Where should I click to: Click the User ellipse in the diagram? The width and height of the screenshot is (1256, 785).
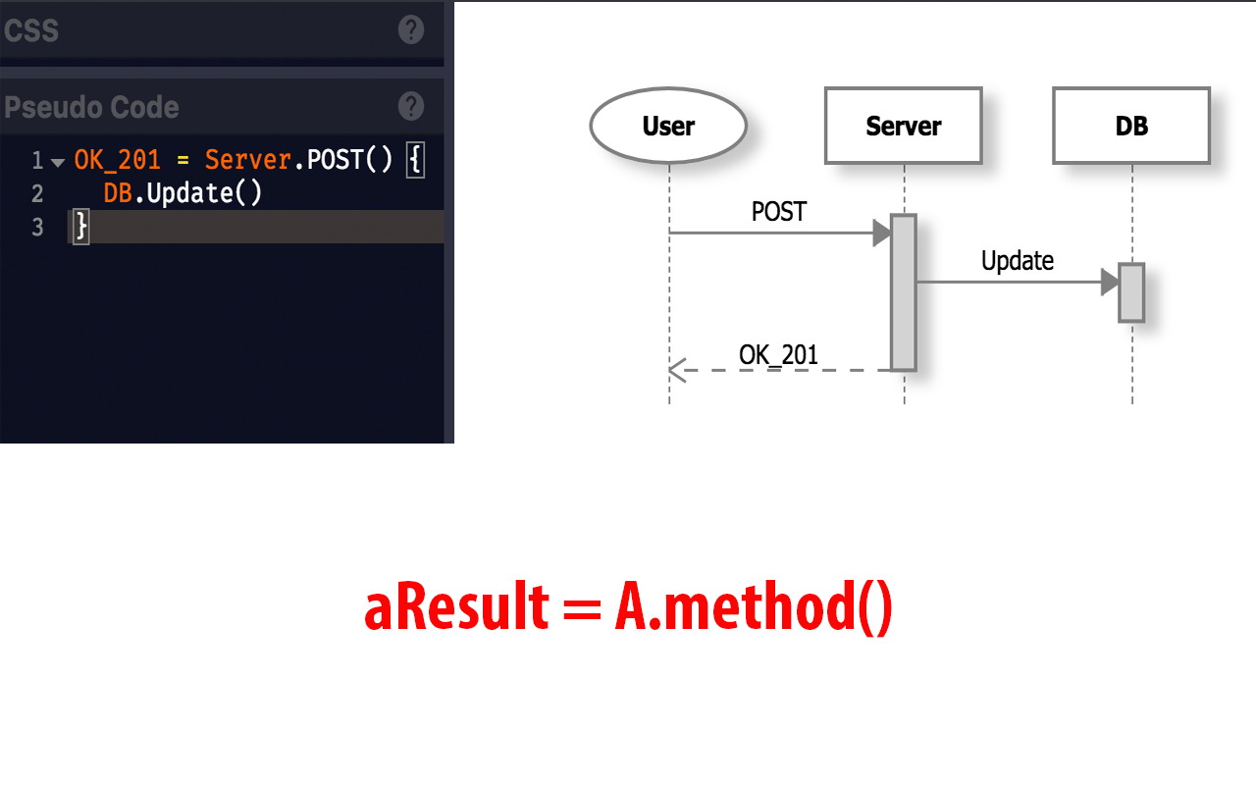(x=668, y=126)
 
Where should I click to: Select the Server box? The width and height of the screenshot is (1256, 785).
(x=903, y=126)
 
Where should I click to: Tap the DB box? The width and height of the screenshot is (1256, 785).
(x=1130, y=126)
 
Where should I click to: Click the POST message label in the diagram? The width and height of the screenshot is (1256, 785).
(x=778, y=212)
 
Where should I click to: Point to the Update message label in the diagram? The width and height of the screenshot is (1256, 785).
(x=1018, y=261)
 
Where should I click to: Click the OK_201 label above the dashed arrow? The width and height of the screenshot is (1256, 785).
(x=778, y=354)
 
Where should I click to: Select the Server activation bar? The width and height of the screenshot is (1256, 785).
(x=904, y=291)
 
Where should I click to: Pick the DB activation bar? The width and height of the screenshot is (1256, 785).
(x=1131, y=291)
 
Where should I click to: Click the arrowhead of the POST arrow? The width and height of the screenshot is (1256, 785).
(x=881, y=234)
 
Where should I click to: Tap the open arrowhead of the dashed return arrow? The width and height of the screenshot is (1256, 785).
(x=676, y=370)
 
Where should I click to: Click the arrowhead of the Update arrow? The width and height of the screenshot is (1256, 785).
(x=1110, y=283)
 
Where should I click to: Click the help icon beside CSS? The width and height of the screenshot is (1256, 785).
(x=411, y=29)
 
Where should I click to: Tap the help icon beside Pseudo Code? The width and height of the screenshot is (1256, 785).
(x=411, y=106)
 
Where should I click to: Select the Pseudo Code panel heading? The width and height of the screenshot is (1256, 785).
(x=91, y=107)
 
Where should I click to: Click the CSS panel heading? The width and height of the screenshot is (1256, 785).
(x=31, y=30)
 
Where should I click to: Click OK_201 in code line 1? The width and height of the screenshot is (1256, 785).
(x=117, y=160)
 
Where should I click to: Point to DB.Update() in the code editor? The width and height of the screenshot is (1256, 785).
(x=183, y=193)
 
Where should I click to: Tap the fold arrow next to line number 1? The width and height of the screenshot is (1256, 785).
(x=57, y=162)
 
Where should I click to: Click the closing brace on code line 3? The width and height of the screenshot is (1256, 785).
(x=81, y=228)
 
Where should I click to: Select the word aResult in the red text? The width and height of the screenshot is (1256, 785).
(x=455, y=608)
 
